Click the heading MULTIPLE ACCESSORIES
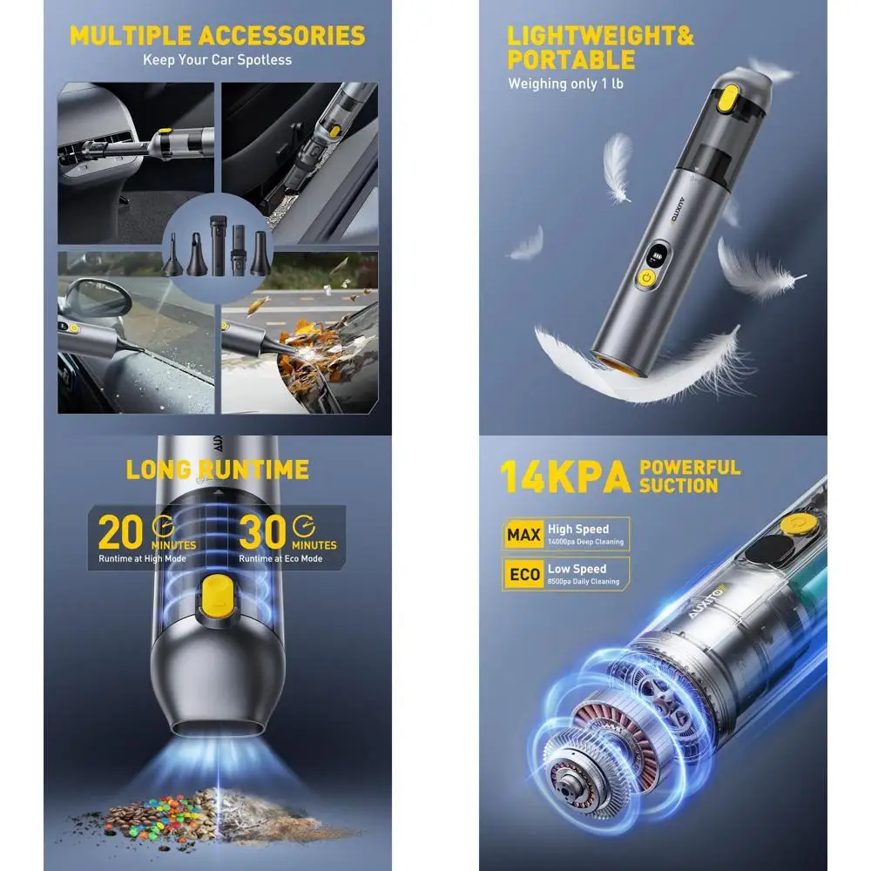217,36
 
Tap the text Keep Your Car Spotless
217,60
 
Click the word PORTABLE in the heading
571,60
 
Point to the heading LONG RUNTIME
217,469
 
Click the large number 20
122,532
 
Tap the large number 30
263,532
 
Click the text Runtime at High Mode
140,558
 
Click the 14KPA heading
564,478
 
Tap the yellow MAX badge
523,534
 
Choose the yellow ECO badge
523,574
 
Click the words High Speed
577,529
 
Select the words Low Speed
577,569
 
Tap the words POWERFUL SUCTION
690,476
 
